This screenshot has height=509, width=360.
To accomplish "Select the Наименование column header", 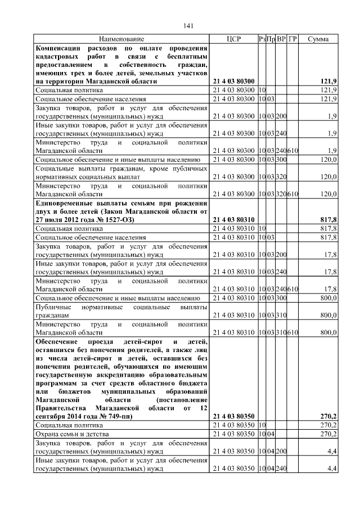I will tap(121, 39).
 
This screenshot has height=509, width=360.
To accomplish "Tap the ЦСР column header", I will tap(233, 39).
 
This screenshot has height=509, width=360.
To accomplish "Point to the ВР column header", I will tap(281, 39).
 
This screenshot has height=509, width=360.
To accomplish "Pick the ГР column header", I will tap(292, 39).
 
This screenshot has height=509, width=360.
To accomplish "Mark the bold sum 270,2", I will tap(327, 416).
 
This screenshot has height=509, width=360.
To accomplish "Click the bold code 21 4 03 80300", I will tap(234, 82).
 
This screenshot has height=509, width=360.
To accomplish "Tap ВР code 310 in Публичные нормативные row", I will tap(281, 317).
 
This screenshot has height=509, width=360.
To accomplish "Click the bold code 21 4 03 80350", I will tap(234, 416).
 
